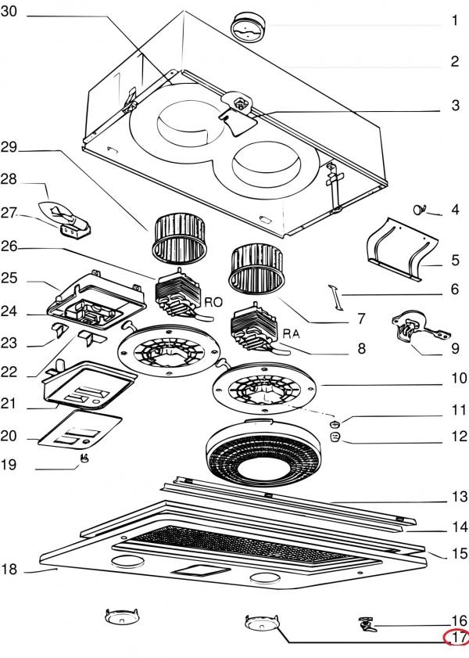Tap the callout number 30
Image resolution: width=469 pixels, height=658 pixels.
(x=9, y=11)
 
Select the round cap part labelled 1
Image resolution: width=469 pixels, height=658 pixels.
(x=249, y=27)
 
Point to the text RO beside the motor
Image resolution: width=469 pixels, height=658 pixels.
(x=213, y=302)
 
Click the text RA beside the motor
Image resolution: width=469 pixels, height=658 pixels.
(x=292, y=334)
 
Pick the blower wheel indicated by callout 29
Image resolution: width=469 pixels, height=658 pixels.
(x=181, y=239)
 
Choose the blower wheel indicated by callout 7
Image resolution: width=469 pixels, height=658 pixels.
(x=256, y=270)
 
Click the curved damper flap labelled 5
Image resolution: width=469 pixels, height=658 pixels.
(x=402, y=250)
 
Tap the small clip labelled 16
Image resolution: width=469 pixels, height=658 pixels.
(x=368, y=624)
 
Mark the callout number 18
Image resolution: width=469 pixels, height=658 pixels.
(x=9, y=569)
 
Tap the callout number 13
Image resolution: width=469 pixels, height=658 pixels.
(x=460, y=497)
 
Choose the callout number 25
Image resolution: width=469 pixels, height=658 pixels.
(x=9, y=278)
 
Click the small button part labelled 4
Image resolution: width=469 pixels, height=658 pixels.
(x=418, y=209)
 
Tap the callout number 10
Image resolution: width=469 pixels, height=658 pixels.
(x=460, y=378)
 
